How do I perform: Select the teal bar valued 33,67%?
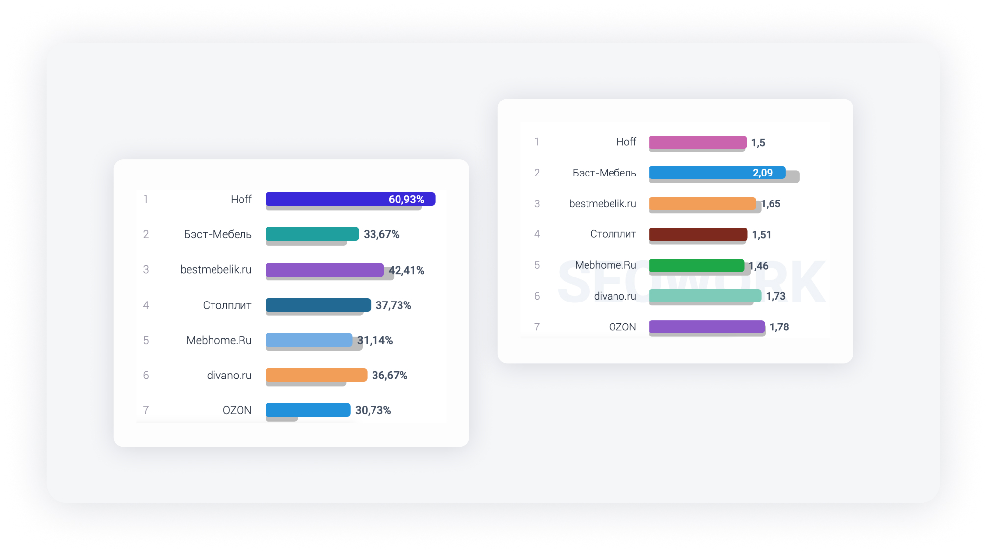tap(312, 234)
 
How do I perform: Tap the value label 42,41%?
tap(406, 270)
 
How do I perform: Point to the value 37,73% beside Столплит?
tap(393, 305)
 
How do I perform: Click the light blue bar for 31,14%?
tap(309, 340)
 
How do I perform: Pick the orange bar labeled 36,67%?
tap(317, 375)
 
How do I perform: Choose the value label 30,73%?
tap(373, 410)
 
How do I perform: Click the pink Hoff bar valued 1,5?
tap(697, 142)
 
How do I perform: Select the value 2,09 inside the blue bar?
tap(762, 173)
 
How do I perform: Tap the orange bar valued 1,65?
tap(702, 203)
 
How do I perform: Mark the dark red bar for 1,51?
tap(698, 234)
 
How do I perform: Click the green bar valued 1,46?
tap(696, 265)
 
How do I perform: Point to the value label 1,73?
tap(775, 296)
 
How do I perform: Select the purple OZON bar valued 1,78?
tap(707, 327)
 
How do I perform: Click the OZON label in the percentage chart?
tap(237, 410)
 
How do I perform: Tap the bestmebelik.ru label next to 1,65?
tap(602, 203)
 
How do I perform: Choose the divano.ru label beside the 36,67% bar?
tap(229, 375)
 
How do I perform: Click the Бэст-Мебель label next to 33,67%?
tap(217, 234)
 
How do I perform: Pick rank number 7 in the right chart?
tap(537, 327)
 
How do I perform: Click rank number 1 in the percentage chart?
tap(146, 199)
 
